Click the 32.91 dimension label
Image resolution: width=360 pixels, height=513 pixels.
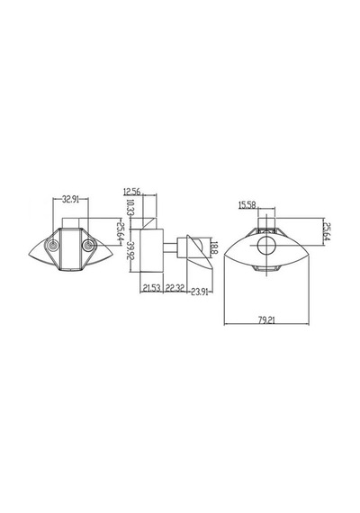click(70, 200)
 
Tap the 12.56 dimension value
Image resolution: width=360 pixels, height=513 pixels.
click(132, 192)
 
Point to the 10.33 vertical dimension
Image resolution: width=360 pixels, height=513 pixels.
click(130, 207)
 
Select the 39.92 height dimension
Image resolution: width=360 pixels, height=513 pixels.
click(130, 250)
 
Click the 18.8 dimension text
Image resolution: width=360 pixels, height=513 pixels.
click(214, 247)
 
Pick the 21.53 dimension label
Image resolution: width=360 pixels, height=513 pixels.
click(152, 288)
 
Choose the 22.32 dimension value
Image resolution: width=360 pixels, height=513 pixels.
click(175, 288)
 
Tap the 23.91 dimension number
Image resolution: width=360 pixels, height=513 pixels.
click(200, 292)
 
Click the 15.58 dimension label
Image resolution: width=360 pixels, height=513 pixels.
click(247, 205)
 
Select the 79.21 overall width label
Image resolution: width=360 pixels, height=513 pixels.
click(266, 320)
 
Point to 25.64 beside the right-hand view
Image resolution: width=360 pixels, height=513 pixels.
click(327, 231)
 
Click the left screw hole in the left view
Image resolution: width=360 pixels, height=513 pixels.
click(53, 246)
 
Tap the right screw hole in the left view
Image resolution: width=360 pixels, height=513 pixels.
click(87, 245)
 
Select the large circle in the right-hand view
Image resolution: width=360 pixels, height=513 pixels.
click(266, 246)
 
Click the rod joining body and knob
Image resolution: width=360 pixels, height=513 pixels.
click(170, 247)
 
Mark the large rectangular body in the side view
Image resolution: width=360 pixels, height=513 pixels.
click(151, 250)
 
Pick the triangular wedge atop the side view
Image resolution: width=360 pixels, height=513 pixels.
click(149, 223)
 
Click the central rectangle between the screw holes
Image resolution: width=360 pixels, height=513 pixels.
click(70, 249)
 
